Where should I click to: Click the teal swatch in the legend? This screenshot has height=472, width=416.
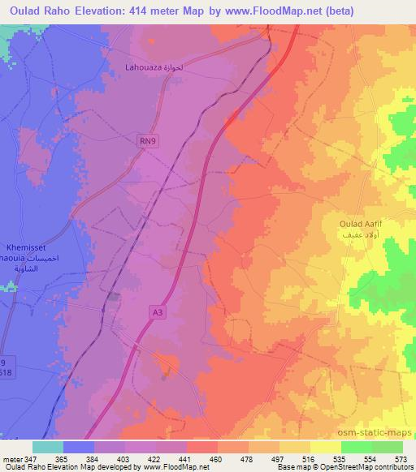(x=48, y=447)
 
